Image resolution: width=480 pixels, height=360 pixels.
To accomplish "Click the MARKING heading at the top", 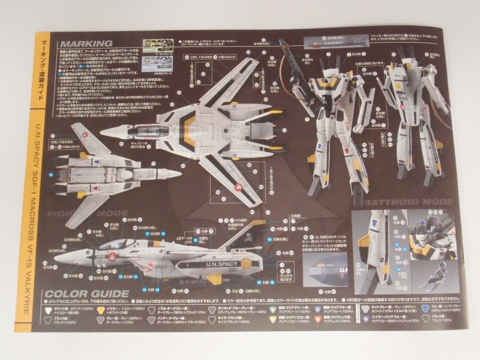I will (x=86, y=44).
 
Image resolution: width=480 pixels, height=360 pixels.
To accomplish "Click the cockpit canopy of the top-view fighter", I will (x=143, y=129).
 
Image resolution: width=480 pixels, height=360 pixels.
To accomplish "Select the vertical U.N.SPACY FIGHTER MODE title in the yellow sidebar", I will (x=49, y=198).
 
